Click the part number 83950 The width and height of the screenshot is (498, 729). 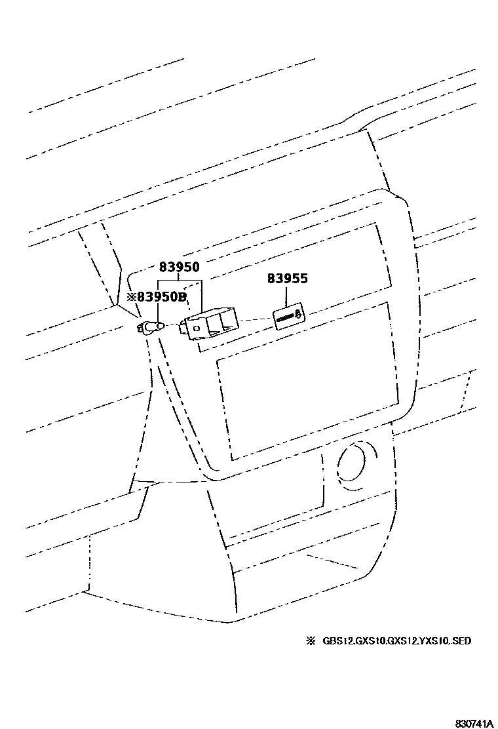pyautogui.click(x=179, y=267)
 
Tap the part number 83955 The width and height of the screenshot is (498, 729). pyautogui.click(x=287, y=279)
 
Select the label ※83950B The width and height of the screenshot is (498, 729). pyautogui.click(x=157, y=297)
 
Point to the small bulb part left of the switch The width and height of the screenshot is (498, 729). pyautogui.click(x=152, y=326)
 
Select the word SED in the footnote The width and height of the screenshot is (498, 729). pyautogui.click(x=461, y=640)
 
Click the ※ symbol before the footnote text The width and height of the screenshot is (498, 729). pyautogui.click(x=311, y=640)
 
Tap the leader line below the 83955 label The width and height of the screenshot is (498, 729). pyautogui.click(x=287, y=296)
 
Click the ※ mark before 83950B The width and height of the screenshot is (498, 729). pyautogui.click(x=131, y=297)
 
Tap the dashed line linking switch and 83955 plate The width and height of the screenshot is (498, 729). pyautogui.click(x=256, y=320)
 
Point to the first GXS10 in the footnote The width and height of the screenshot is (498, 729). pyautogui.click(x=370, y=640)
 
